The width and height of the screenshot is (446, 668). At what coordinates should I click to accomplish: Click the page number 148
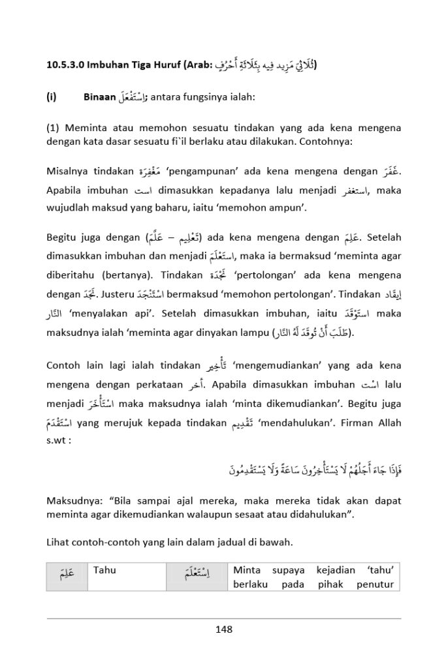(223, 630)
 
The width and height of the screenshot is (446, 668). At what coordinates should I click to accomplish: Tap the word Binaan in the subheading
(99, 98)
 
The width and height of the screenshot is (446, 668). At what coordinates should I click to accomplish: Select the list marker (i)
(52, 98)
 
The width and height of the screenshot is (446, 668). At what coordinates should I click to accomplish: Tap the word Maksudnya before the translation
(72, 501)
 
